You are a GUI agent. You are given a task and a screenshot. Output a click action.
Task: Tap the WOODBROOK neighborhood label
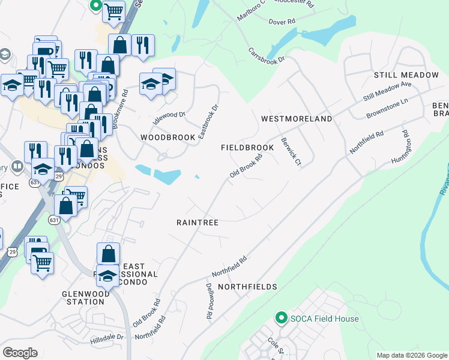point(167,137)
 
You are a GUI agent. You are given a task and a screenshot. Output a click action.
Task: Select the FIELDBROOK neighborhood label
point(247,148)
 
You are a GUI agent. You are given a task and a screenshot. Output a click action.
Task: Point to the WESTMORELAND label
point(297,119)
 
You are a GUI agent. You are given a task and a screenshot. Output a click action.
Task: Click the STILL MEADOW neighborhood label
point(406,75)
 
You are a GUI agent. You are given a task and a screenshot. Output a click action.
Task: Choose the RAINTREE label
point(197,222)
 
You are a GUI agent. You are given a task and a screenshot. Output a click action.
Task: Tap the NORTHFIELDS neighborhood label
point(247,287)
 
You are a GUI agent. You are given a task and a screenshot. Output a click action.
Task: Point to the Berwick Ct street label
point(291,153)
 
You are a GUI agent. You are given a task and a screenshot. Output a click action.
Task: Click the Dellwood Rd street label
point(209,301)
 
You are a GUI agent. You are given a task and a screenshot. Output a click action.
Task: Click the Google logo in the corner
point(20,353)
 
